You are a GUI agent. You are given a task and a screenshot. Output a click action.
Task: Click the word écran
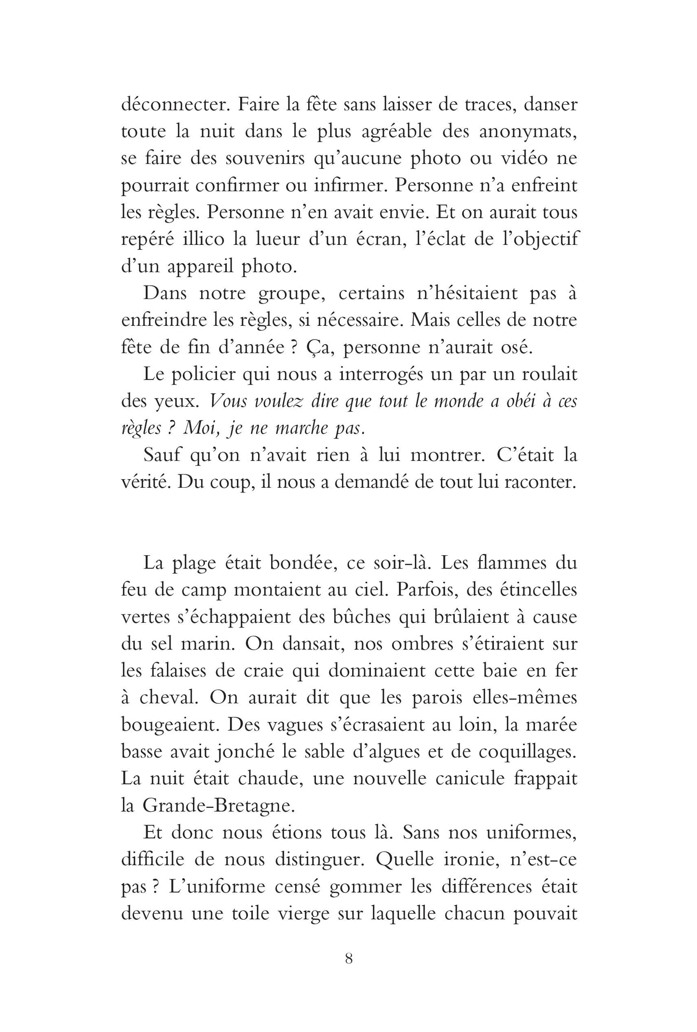click(x=372, y=240)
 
